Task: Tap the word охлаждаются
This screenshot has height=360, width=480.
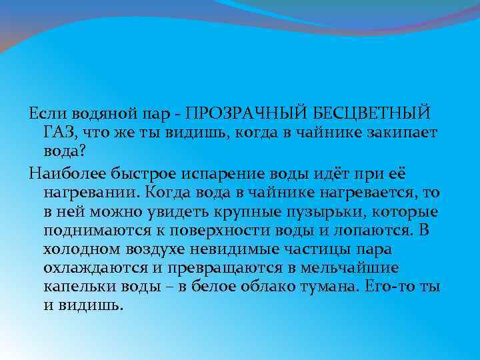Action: (x=96, y=269)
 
